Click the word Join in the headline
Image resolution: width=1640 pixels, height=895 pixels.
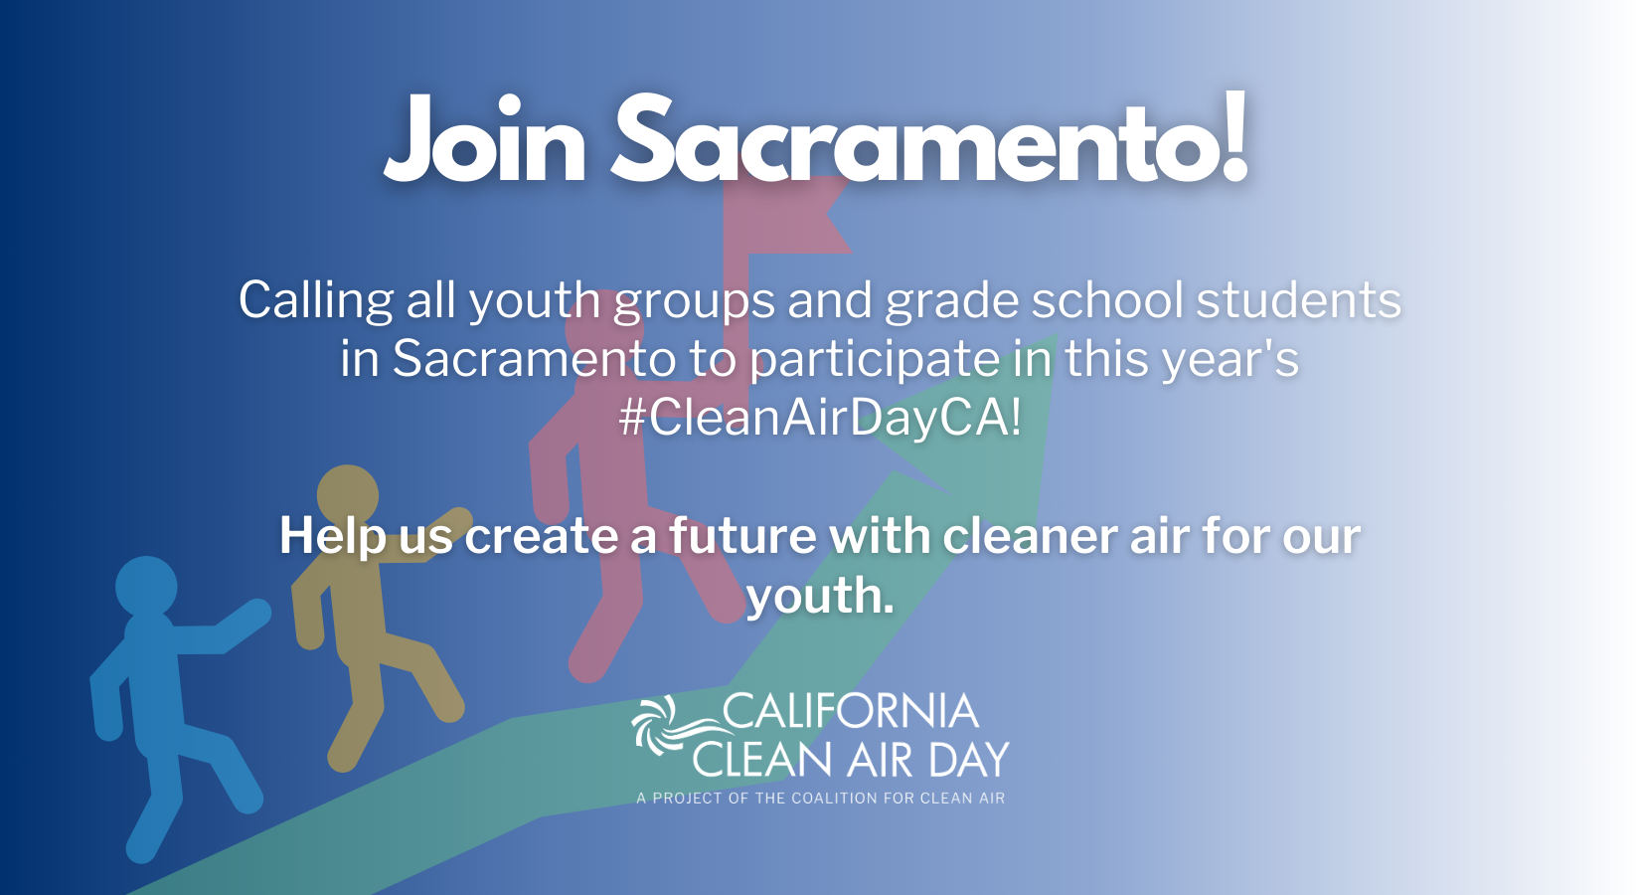(485, 139)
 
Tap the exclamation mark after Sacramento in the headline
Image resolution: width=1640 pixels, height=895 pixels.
(1233, 136)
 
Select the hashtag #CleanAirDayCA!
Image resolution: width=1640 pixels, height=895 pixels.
(820, 418)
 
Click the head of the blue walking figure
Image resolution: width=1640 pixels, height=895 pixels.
(146, 586)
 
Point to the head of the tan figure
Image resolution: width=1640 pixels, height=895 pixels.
(348, 496)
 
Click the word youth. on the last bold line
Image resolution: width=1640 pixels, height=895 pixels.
(820, 596)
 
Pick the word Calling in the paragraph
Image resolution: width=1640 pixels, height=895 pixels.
(316, 301)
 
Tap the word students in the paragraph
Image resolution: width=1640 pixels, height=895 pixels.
(1299, 299)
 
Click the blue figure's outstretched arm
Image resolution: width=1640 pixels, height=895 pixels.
(224, 626)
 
